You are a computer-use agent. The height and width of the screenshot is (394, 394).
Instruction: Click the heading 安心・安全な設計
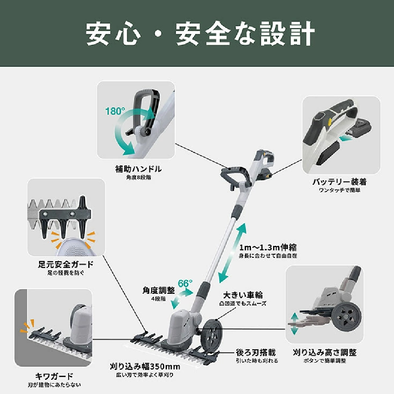(200, 33)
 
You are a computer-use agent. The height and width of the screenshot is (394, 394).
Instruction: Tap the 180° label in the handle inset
(115, 111)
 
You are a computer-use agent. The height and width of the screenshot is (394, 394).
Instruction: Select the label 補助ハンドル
(138, 169)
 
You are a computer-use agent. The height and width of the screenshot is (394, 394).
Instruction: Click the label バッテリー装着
(340, 182)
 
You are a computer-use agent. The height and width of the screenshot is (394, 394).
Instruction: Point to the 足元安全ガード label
(66, 264)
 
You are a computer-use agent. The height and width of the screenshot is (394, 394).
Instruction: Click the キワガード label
(54, 376)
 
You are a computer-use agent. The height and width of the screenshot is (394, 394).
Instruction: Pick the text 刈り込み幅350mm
(145, 366)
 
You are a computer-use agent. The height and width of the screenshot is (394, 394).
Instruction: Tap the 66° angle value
(185, 283)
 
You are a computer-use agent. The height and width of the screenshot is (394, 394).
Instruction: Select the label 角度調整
(158, 290)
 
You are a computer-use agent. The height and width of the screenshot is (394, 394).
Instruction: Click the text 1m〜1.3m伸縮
(268, 247)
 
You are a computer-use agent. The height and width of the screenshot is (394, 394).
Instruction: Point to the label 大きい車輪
(243, 295)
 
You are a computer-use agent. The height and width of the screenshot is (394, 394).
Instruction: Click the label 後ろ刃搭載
(256, 352)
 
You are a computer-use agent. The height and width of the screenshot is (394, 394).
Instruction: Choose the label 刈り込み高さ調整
(325, 352)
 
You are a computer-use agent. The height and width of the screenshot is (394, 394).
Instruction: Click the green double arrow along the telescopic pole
(232, 253)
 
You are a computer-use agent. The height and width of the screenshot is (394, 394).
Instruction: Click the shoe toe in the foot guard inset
(76, 247)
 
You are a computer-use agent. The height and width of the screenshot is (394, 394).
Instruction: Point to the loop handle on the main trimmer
(236, 176)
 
